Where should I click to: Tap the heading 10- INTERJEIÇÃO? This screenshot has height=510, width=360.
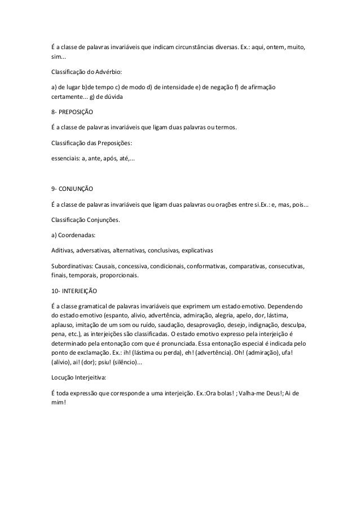(74, 291)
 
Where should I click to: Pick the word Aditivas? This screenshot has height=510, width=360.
(62, 250)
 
